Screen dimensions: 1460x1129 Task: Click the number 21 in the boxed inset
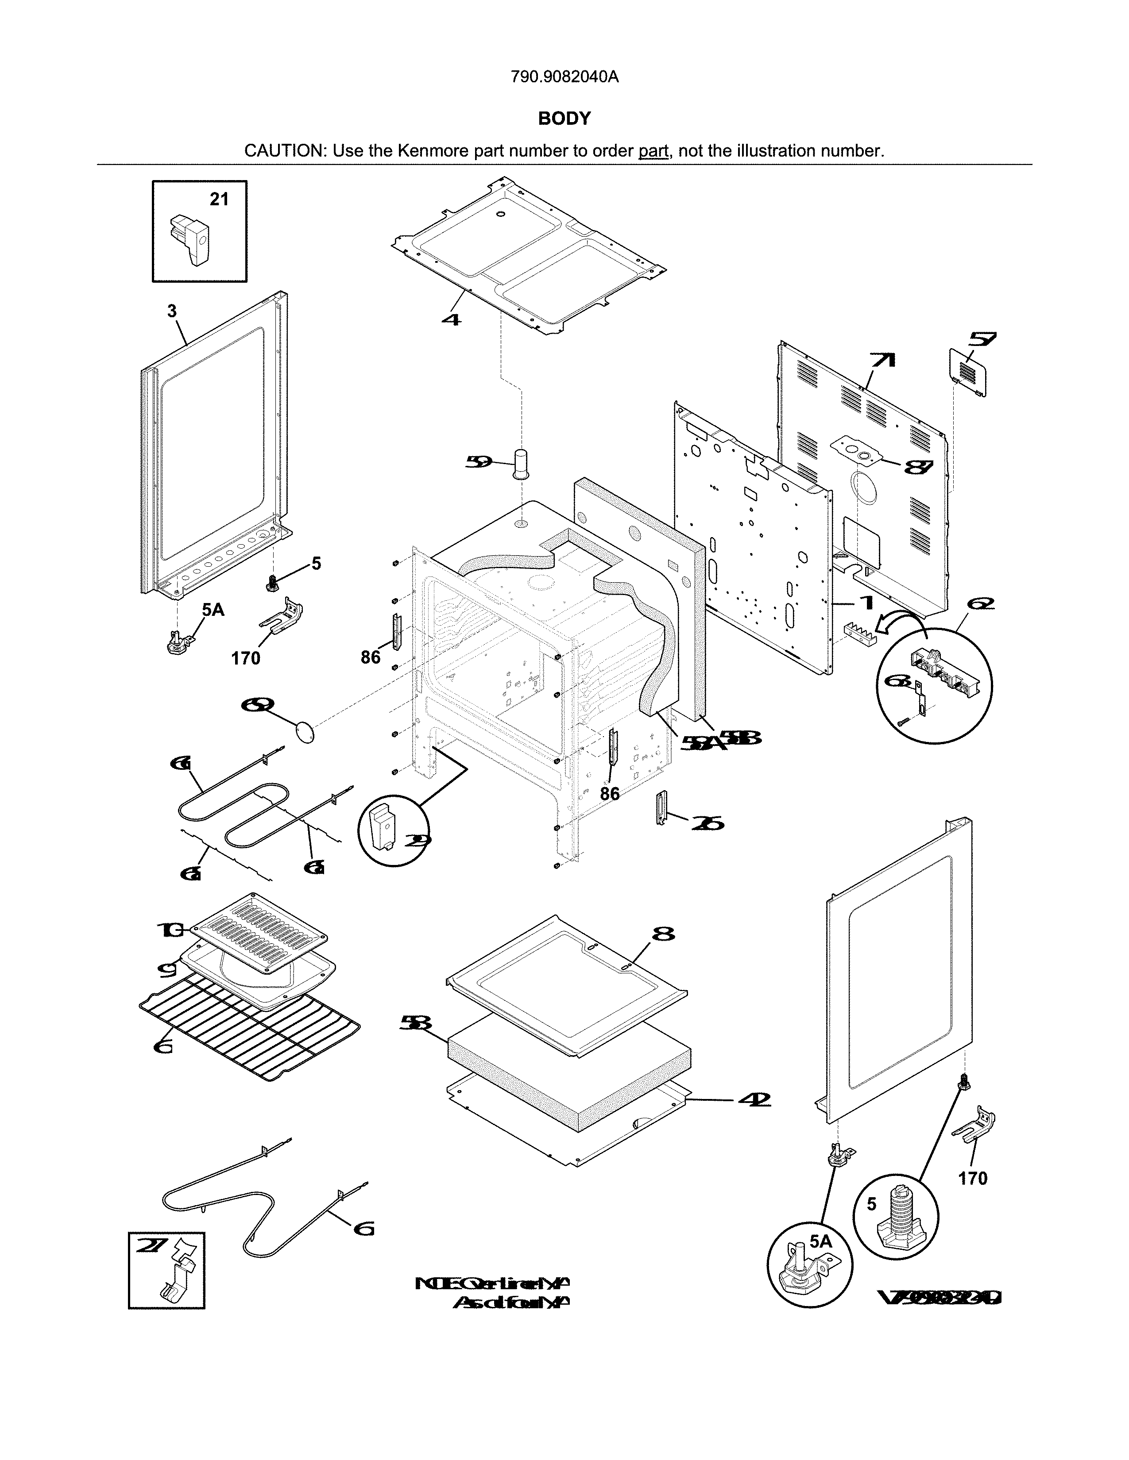click(x=219, y=199)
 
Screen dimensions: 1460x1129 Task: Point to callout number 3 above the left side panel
click(x=172, y=311)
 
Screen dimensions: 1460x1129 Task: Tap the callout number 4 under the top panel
click(x=452, y=319)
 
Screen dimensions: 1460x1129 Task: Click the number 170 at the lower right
click(x=973, y=1179)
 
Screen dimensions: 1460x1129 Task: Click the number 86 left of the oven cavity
click(x=371, y=658)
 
